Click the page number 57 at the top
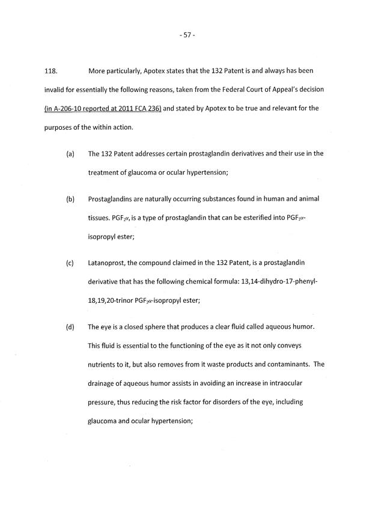coord(187,35)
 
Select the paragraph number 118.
coord(51,71)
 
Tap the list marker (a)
coord(70,153)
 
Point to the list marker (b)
coord(70,199)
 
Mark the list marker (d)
coord(70,327)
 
